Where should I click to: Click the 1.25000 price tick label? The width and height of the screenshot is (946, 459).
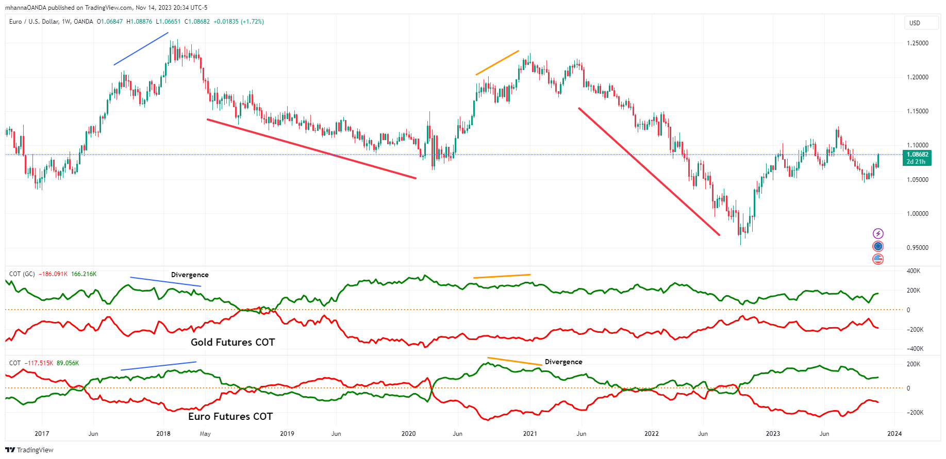[917, 43]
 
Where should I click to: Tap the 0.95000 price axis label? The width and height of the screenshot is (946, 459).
[917, 248]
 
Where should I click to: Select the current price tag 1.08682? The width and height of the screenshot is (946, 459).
[918, 155]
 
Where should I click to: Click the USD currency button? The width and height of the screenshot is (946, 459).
[915, 23]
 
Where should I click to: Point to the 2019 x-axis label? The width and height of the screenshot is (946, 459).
[287, 434]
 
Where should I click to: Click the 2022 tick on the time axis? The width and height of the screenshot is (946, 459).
[652, 434]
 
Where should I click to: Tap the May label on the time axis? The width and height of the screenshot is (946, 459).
[205, 434]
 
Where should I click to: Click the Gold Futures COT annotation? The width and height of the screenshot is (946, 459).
[233, 343]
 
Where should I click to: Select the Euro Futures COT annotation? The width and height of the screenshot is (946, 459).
[230, 417]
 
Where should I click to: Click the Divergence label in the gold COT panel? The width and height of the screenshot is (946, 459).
[190, 275]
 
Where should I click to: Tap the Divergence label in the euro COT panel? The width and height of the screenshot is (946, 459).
[563, 362]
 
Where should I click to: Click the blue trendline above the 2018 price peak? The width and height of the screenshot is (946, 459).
[141, 49]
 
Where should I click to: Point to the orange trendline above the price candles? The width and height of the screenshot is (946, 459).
[497, 63]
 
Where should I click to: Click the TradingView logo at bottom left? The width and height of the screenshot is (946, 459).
[29, 450]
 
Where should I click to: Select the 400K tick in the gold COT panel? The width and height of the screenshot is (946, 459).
[913, 271]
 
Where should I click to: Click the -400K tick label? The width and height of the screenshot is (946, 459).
[915, 349]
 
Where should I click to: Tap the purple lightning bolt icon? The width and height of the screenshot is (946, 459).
[878, 234]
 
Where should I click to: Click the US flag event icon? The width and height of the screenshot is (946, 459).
[878, 259]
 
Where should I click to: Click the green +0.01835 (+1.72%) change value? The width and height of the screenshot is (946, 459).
[239, 22]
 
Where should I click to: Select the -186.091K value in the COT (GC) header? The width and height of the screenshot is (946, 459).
[53, 274]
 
